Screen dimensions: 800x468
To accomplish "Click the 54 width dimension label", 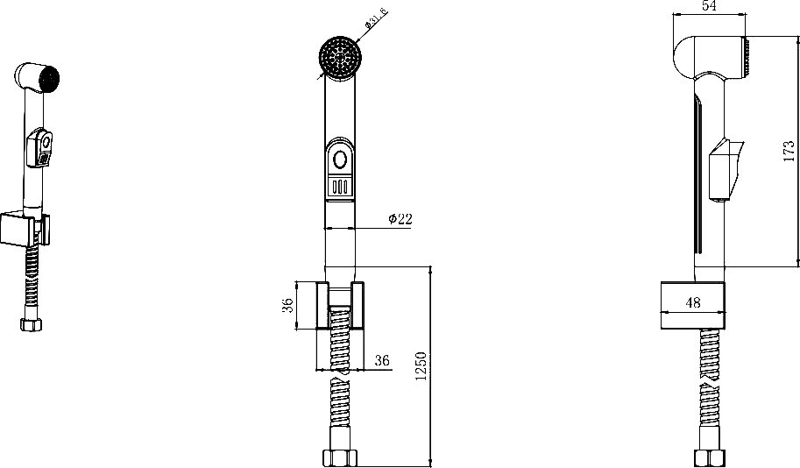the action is click(709, 5).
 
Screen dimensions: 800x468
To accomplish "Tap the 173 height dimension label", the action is click(789, 152).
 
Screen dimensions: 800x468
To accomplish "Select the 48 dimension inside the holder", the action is click(693, 302).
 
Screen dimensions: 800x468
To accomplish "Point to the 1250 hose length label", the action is click(421, 366).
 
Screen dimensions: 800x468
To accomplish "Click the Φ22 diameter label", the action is click(400, 219).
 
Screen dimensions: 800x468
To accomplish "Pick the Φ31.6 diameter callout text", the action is click(376, 18).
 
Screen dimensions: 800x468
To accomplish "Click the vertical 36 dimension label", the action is click(287, 305).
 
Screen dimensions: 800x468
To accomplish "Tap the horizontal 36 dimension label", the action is click(382, 360).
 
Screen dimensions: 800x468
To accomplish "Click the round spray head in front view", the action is click(341, 57).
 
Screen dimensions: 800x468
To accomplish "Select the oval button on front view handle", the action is click(340, 160).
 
